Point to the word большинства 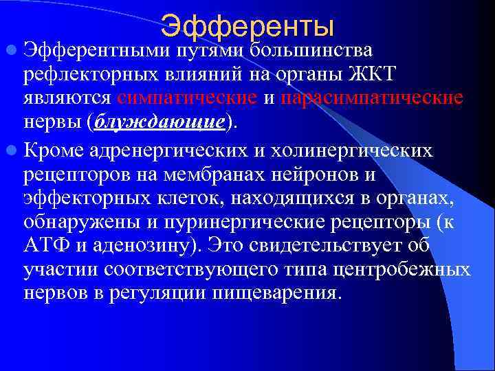click(311, 50)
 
